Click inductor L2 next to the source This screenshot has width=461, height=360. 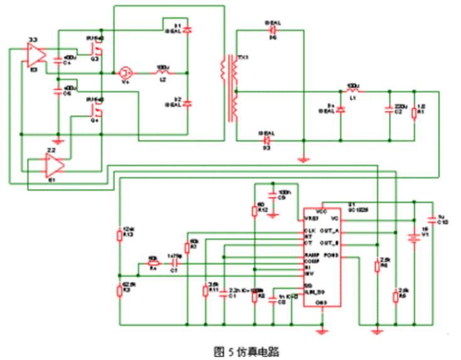point(161,72)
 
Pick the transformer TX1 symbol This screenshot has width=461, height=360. point(230,88)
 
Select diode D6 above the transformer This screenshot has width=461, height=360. point(273,30)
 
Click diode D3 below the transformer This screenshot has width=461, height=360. point(266,139)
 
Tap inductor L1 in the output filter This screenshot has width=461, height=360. point(353,90)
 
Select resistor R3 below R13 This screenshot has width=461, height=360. point(119,290)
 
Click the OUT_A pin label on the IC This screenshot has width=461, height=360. point(330,231)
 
